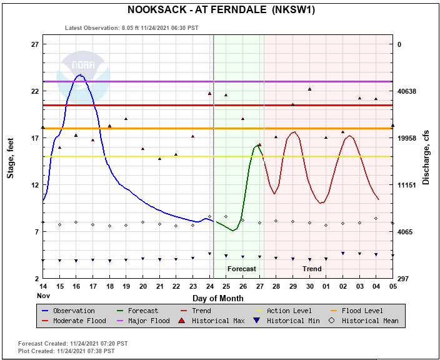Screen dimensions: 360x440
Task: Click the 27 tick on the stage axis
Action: [x=35, y=44]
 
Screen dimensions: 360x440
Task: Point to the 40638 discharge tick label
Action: [x=409, y=91]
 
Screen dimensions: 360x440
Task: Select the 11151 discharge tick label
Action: [x=409, y=185]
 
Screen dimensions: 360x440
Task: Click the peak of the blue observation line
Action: [x=79, y=75]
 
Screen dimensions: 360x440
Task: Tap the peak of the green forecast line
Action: [x=257, y=146]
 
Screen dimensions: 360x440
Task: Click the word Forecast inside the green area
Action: [x=241, y=269]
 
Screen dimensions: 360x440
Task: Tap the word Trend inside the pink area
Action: [x=312, y=269]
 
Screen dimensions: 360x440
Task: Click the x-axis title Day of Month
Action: [x=217, y=297]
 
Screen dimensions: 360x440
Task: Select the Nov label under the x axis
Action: [x=42, y=295]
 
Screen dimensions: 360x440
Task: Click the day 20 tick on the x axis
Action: [x=142, y=286]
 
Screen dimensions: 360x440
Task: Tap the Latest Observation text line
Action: [x=132, y=28]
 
